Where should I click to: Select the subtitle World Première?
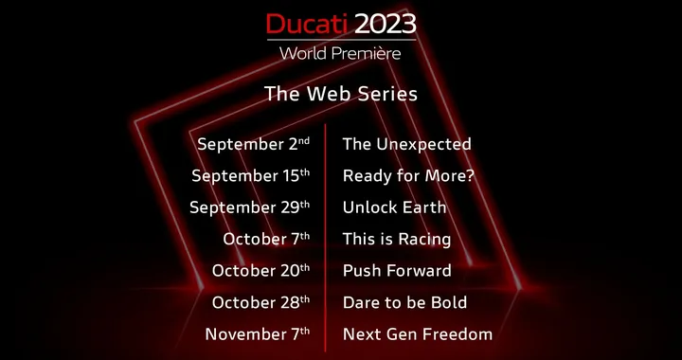coord(340,52)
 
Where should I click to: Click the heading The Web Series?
coord(340,95)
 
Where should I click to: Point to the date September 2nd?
coord(253,145)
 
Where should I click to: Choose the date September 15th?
coord(250,176)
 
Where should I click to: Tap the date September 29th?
coord(249,207)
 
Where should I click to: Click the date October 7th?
coord(266,240)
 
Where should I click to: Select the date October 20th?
coord(260,271)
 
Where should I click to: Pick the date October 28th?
coord(260,302)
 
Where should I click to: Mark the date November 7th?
coord(257,334)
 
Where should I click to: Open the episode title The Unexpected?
coord(406,145)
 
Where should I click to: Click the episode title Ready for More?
coord(408,176)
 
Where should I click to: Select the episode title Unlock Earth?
coord(394,207)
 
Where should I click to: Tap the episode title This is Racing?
coord(397,240)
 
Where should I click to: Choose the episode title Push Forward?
coord(397,271)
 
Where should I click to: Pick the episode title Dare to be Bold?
coord(404,302)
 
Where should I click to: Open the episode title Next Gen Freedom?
coord(417,334)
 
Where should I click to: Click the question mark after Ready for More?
coord(470,176)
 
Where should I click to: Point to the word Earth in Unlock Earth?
coord(423,207)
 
